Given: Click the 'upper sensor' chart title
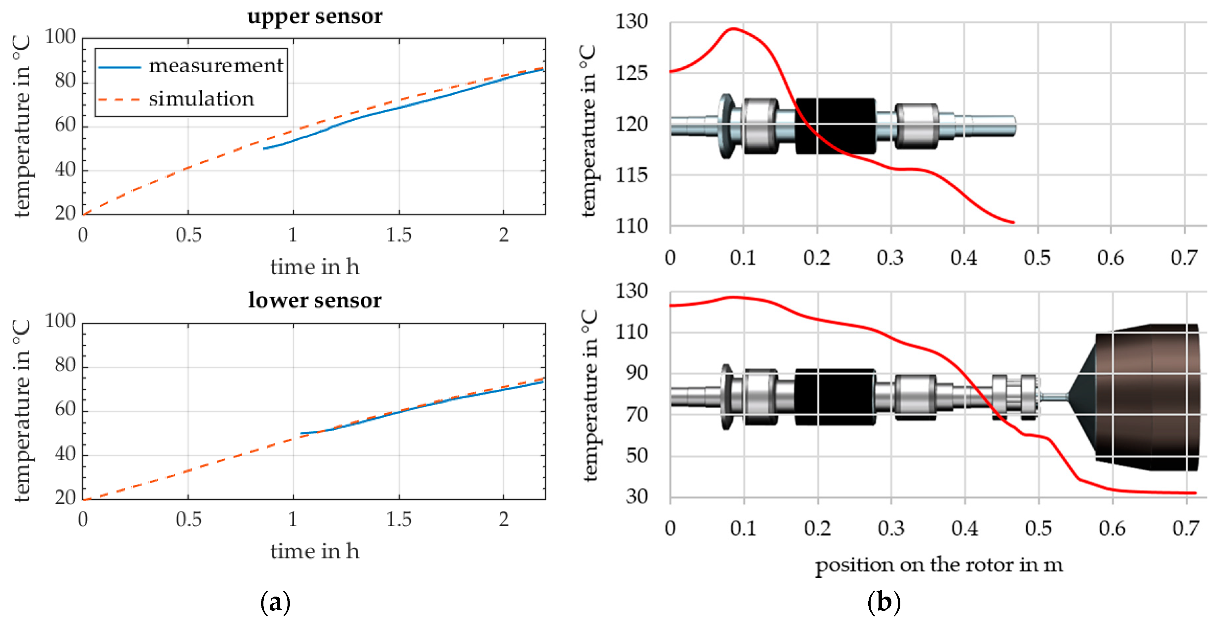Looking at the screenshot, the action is (315, 17).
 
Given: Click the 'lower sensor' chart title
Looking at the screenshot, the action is (315, 300).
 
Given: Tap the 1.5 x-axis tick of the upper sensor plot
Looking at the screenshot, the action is (399, 235).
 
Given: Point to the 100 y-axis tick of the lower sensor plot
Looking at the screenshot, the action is (60, 321).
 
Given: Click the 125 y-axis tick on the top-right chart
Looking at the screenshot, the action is (631, 73).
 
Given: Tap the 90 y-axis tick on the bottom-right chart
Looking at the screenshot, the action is (636, 373).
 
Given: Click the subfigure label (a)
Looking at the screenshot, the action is (275, 603).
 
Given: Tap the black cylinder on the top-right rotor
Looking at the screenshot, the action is (835, 126).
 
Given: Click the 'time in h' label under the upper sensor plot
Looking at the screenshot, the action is (315, 267).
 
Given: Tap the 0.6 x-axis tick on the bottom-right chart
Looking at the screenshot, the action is (1112, 528).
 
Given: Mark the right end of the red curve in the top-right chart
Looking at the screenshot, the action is (1013, 222).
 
